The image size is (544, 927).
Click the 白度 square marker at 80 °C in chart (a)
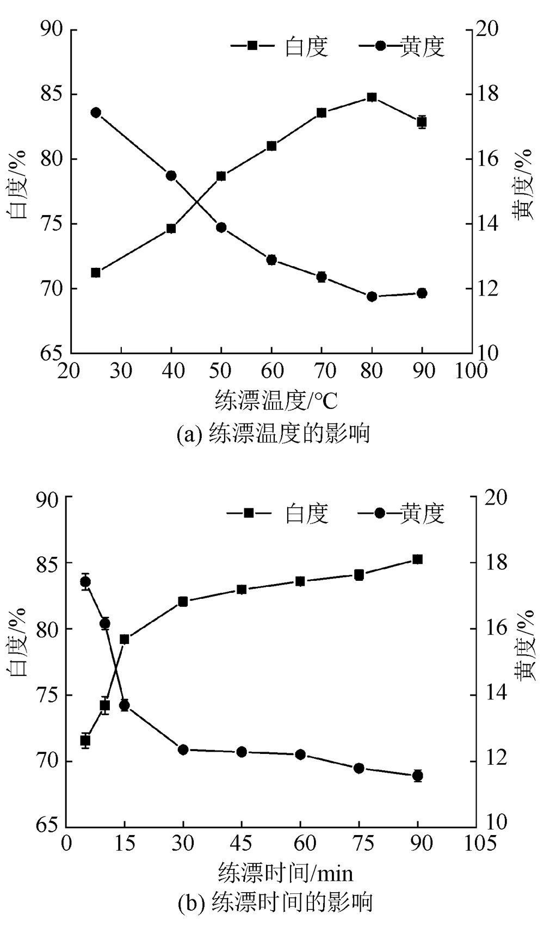pos(372,97)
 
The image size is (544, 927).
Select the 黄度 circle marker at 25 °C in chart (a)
pos(96,113)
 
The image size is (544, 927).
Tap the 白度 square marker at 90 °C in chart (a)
pos(422,122)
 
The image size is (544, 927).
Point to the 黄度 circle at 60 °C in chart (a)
pos(271,260)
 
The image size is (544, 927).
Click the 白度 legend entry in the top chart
pos(280,46)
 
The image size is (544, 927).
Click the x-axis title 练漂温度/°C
pos(276,401)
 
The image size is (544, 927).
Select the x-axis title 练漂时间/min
pos(286,872)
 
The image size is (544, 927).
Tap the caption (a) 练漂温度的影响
pos(274,434)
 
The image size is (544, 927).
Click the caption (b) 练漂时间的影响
pos(275,902)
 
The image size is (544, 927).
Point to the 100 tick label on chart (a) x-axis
pos(471,371)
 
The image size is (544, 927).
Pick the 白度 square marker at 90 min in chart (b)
pos(418,560)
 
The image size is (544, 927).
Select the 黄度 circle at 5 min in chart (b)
pos(85,582)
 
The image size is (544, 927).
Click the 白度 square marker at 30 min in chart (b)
pos(183,601)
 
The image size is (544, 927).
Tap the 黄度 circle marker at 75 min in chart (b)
pos(359,768)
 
